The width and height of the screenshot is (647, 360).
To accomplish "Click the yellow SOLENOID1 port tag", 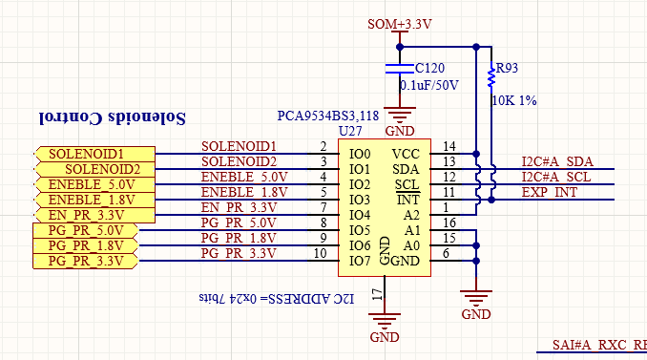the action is [94, 154].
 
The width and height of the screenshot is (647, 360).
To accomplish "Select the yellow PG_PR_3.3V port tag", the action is [85, 261].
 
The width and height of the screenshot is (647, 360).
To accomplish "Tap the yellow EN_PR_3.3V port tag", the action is [94, 215].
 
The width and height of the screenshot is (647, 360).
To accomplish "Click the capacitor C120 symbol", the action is [400, 69].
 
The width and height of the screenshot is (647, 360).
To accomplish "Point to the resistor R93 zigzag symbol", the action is [491, 76].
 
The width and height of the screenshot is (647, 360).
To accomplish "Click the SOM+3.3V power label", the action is [400, 25].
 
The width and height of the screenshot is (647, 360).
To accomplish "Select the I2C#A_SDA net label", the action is [557, 161].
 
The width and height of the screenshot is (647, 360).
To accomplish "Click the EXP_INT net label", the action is [550, 192].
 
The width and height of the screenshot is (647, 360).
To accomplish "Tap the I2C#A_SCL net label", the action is [556, 177].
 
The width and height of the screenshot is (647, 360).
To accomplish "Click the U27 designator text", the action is [350, 131].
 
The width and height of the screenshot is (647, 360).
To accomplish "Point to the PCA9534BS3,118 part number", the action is [328, 116].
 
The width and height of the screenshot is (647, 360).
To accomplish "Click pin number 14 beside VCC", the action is [449, 146].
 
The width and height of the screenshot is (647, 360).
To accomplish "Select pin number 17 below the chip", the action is [378, 294].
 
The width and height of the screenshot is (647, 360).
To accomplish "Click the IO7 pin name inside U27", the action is [360, 261].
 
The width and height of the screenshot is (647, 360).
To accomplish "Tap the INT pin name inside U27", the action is [407, 200].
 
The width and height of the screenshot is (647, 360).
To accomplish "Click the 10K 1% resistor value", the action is [514, 100].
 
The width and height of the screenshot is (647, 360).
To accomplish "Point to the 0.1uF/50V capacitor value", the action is [429, 85].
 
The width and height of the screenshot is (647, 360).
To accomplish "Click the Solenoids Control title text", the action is [113, 118].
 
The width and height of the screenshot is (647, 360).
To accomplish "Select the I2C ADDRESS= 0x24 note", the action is [277, 298].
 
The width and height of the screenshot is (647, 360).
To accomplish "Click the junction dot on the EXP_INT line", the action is [491, 200].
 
